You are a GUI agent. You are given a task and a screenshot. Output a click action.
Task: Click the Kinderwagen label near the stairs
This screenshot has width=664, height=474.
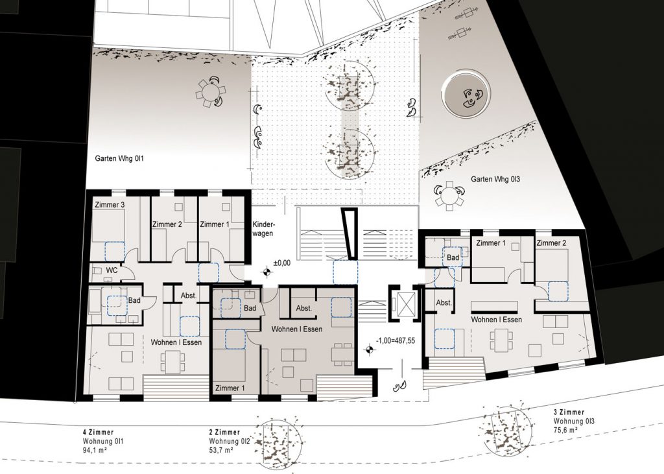point(263,229)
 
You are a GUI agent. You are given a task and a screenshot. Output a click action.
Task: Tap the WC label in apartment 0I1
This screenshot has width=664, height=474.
point(112,270)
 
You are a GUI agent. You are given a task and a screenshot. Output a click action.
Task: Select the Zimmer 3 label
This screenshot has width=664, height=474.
point(110,205)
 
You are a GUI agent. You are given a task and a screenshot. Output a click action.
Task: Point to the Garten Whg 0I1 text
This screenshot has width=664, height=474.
point(120,159)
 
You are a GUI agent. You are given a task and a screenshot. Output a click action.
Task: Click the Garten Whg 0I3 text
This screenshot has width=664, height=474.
point(495,179)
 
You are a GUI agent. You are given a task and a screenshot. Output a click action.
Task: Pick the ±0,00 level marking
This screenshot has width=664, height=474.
point(282,263)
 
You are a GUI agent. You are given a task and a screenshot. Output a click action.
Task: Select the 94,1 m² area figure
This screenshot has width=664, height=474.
point(95,449)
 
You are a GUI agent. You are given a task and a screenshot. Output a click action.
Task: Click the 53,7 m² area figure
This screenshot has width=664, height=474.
point(221,450)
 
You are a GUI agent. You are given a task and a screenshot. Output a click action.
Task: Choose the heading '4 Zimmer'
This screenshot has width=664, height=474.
point(99,433)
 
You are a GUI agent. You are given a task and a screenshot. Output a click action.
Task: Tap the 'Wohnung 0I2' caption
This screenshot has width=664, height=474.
point(230,442)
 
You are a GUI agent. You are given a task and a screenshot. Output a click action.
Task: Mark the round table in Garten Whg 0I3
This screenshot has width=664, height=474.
point(449,196)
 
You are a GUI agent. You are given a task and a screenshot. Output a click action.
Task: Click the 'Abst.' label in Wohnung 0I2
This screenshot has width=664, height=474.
point(303,308)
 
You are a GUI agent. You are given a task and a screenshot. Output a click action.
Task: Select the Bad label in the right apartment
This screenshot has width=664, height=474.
point(453,257)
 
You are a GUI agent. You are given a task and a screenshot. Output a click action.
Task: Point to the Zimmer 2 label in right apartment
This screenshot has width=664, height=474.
point(551,243)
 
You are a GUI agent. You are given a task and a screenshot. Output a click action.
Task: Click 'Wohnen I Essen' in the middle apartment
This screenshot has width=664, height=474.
point(297,329)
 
